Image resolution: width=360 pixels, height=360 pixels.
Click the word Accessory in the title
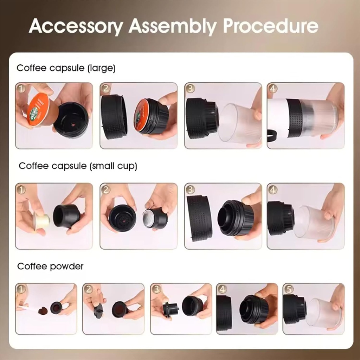pos(76,26)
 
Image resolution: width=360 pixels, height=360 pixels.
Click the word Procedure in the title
pos(270,26)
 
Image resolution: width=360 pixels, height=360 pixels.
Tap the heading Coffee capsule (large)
pos(66,68)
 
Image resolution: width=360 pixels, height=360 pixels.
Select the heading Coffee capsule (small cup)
pos(78,166)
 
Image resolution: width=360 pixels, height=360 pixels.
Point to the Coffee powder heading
pos(50,266)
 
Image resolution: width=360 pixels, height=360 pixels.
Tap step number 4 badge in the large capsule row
pos(272,89)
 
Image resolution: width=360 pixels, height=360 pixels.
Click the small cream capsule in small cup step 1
pos(41,222)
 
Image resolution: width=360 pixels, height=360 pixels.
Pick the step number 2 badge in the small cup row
pos(105,189)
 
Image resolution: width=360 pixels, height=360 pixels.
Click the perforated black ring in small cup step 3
pos(199,218)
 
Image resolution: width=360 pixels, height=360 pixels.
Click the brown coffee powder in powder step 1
pos(43,311)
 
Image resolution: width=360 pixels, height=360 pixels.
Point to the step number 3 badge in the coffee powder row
pos(156,289)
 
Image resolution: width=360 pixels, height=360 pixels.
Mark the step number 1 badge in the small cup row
pos(21,189)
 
